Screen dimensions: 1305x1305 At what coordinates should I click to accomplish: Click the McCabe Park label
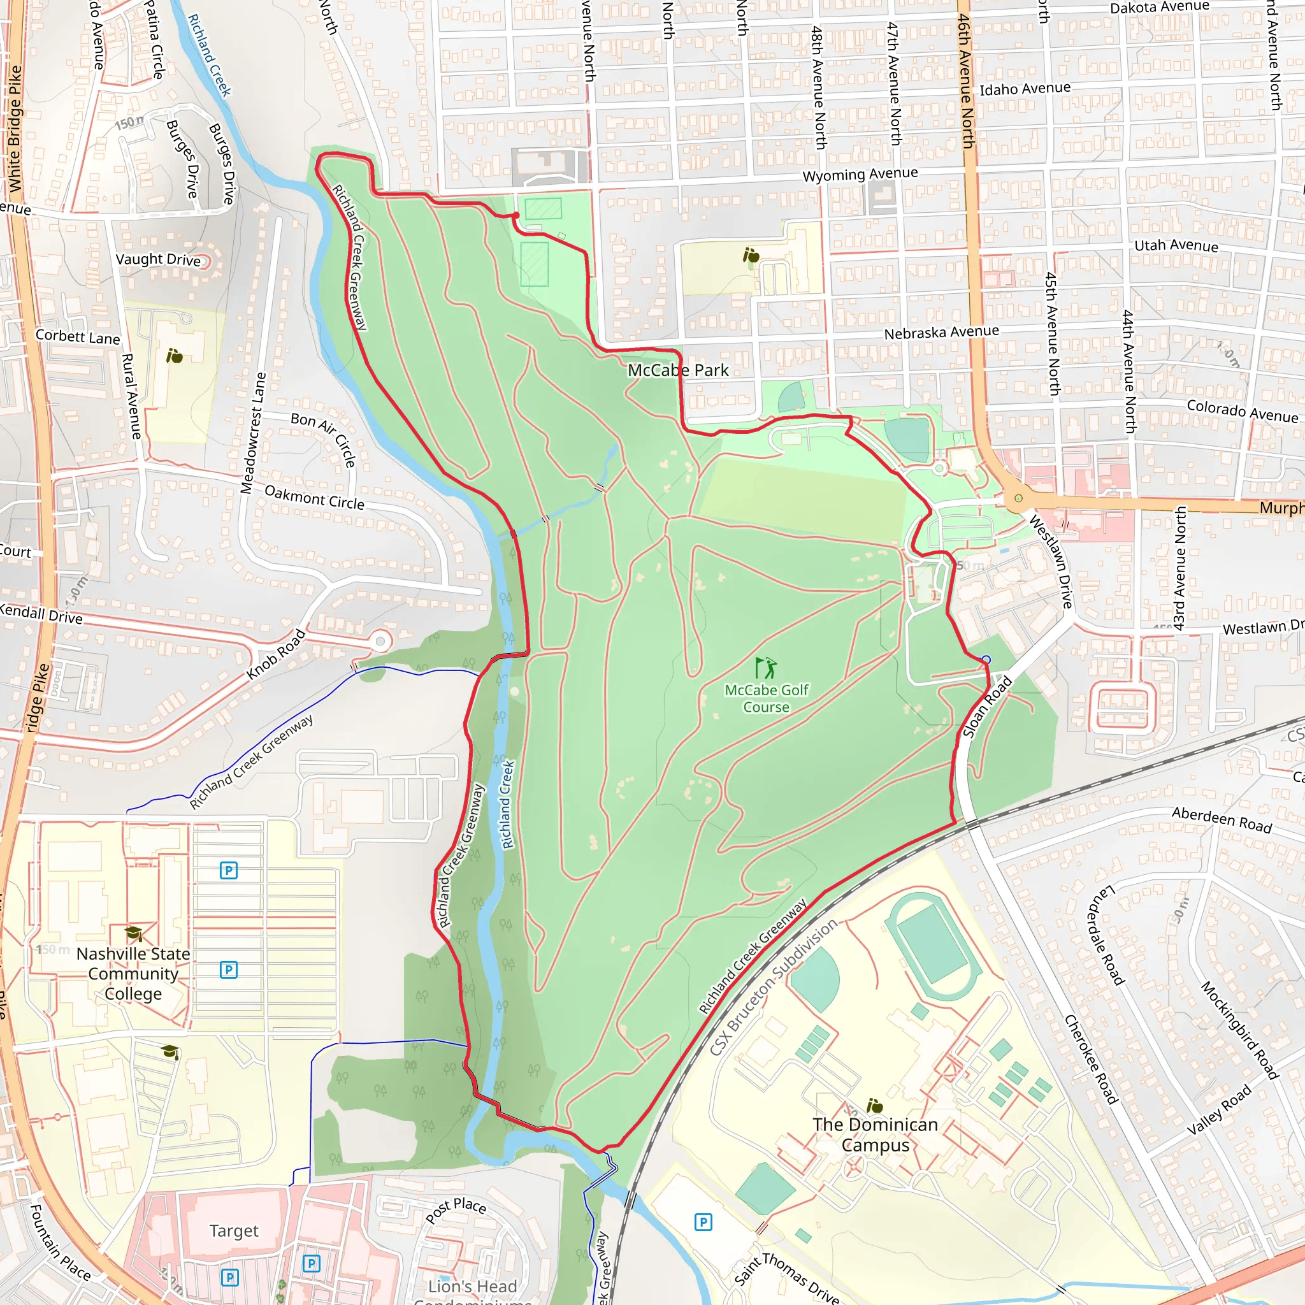(677, 370)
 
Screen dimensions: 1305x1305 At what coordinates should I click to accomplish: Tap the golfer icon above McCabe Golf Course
(765, 668)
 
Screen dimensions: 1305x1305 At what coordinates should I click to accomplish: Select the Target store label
(234, 1230)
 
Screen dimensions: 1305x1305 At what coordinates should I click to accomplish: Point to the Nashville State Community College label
(133, 974)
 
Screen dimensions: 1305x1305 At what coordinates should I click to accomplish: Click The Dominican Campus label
(876, 1135)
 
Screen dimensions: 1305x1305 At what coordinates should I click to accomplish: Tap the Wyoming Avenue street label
(860, 174)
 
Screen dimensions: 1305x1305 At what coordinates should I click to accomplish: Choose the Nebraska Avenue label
(941, 333)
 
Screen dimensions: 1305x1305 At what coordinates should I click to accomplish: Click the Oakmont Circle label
(314, 498)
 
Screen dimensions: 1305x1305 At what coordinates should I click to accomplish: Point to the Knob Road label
(275, 654)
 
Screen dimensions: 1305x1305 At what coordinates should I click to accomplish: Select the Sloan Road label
(987, 707)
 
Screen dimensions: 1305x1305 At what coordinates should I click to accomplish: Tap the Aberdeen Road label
(1222, 819)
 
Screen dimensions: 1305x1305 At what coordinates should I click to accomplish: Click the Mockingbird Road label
(1239, 1030)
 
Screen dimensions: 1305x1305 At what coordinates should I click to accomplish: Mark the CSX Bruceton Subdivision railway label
(773, 987)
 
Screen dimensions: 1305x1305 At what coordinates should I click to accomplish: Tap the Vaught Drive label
(158, 259)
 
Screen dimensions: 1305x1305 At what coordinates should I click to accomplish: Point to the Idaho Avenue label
(1025, 89)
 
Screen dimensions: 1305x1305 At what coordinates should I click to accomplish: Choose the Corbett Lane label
(78, 336)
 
